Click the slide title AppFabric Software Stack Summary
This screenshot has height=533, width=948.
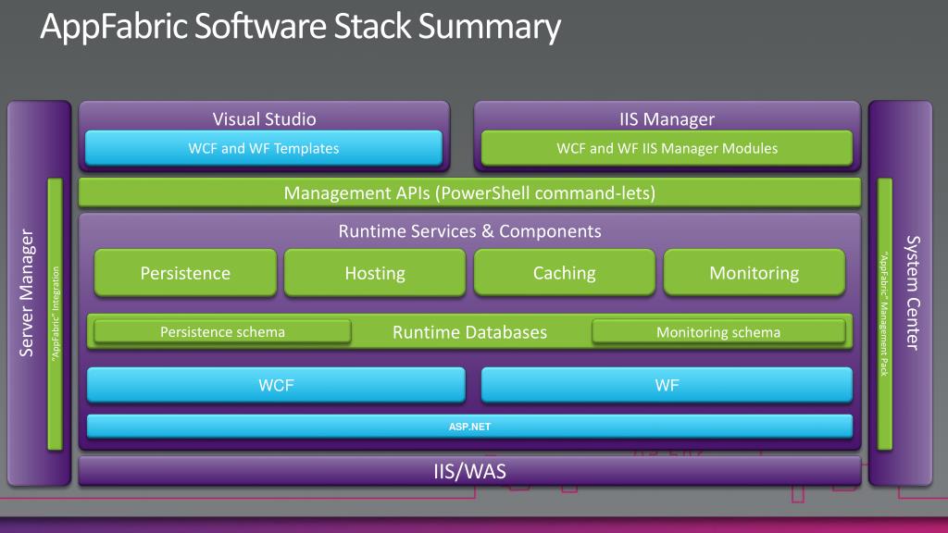click(x=300, y=28)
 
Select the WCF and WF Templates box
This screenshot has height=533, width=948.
click(x=263, y=148)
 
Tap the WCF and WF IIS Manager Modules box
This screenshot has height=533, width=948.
click(x=667, y=148)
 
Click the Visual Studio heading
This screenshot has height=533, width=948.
click(x=264, y=118)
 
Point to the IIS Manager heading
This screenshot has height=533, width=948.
click(x=667, y=118)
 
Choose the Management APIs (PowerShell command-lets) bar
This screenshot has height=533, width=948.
click(x=469, y=193)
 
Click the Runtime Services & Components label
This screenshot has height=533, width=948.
click(x=469, y=231)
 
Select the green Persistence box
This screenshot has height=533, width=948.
click(x=185, y=273)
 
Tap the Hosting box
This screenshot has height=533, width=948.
click(x=375, y=273)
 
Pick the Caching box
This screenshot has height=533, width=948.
click(x=564, y=273)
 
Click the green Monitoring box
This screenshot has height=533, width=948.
click(x=754, y=273)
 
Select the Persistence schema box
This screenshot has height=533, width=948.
click(x=222, y=331)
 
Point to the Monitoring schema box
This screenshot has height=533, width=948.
click(x=718, y=331)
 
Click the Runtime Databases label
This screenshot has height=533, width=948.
click(x=469, y=331)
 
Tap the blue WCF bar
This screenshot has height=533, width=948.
click(x=276, y=385)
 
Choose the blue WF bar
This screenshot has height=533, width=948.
click(x=667, y=385)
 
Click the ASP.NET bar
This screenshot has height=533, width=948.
click(x=469, y=426)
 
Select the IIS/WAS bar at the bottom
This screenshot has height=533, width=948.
click(x=469, y=471)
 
